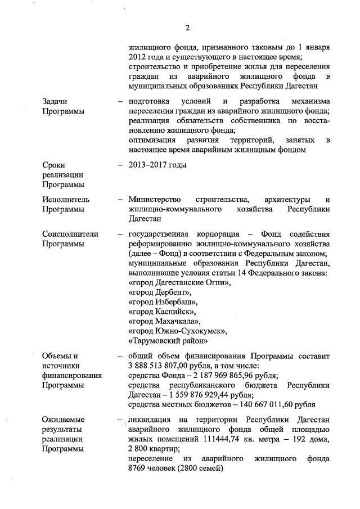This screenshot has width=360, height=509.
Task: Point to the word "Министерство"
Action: pos(155,200)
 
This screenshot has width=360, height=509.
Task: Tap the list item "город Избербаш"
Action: pos(163,303)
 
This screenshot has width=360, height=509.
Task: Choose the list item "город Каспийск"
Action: pos(163,313)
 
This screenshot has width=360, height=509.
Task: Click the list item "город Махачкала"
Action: pos(164,322)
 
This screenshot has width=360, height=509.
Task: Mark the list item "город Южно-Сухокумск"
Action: pos(178,332)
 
